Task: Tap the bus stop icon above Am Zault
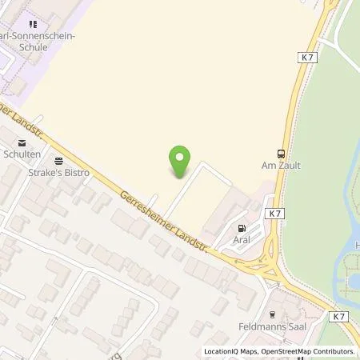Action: tap(280, 154)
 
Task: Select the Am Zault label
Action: tap(280, 166)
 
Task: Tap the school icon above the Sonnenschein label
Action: tap(32, 25)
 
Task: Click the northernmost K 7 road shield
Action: tap(309, 58)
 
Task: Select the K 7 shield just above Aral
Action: tap(275, 214)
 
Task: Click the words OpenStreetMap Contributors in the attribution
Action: tap(311, 351)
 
